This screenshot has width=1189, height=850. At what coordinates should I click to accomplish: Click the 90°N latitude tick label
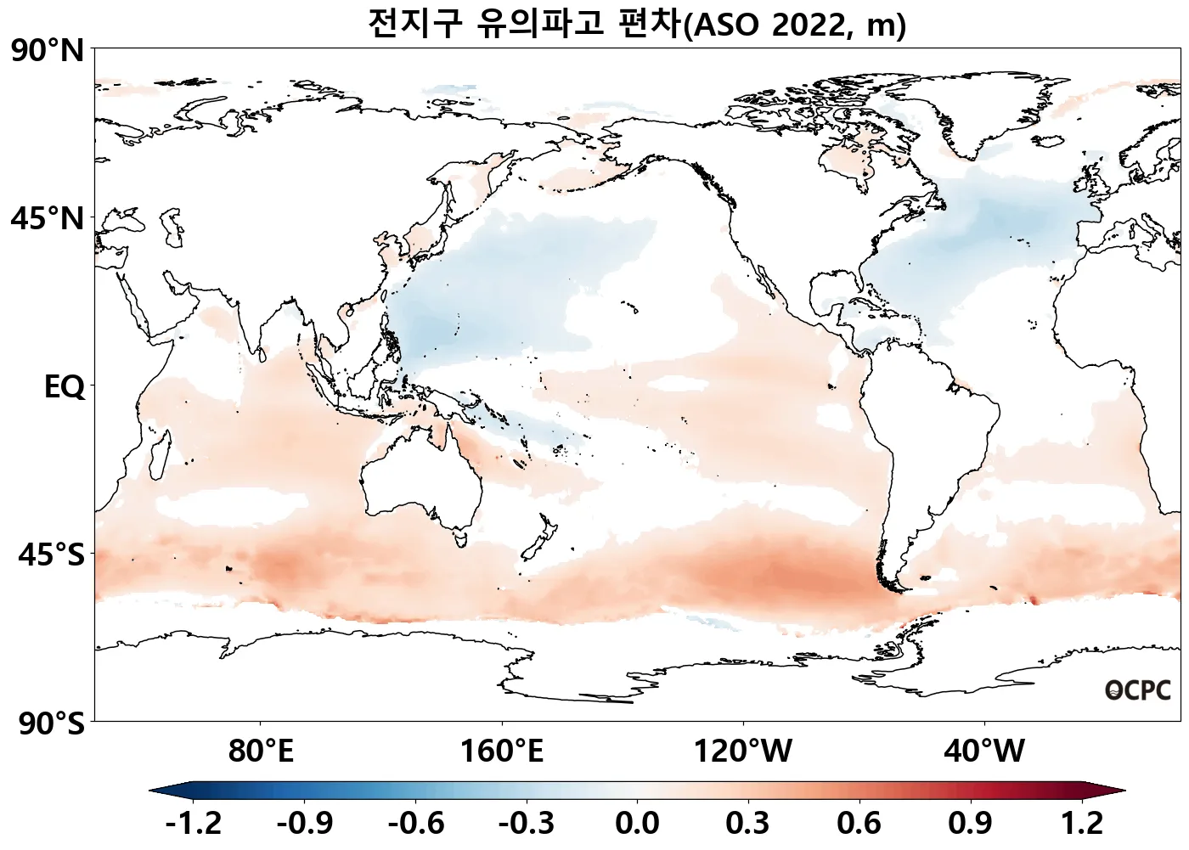48,52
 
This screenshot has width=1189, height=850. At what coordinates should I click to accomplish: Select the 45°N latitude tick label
48,219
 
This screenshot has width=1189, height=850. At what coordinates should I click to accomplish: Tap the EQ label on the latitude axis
65,387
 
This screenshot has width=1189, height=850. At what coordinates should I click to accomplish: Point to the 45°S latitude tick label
51,555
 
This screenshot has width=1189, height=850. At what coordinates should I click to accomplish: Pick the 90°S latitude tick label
51,723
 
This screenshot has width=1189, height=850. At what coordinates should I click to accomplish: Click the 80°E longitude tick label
261,751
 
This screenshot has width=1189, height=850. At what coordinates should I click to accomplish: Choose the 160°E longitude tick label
502,751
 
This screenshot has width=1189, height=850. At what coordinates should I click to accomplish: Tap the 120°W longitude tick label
743,751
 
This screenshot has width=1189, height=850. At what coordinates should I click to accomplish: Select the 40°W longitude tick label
984,751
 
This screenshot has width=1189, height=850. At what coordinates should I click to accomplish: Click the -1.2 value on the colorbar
193,823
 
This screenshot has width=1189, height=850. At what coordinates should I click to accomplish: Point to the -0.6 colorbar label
415,823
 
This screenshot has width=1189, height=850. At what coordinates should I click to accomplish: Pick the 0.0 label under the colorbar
637,823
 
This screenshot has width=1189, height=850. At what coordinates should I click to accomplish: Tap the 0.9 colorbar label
970,823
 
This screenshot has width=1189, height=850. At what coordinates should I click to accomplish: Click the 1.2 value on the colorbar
1082,823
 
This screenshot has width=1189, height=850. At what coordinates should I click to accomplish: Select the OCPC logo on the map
1138,690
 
